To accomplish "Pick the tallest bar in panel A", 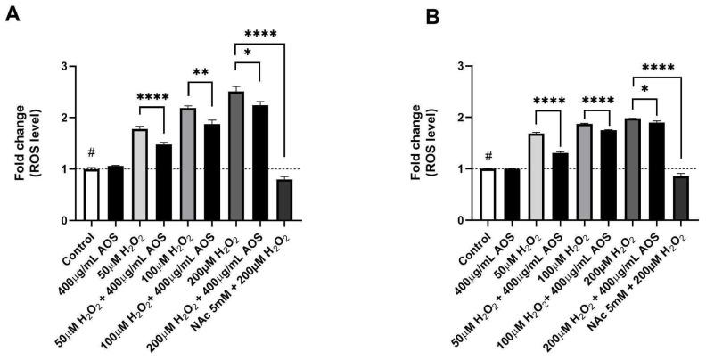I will click(x=236, y=156).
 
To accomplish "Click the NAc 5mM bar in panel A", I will click(x=284, y=200).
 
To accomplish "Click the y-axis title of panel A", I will click(x=26, y=143).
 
